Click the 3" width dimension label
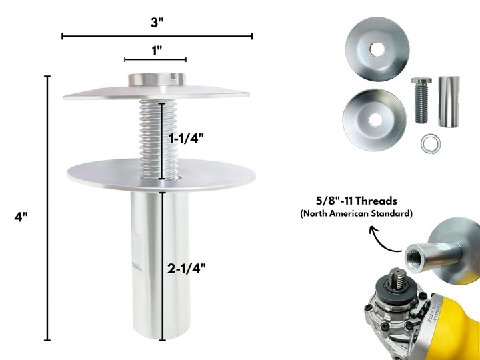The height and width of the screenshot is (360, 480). (157, 21)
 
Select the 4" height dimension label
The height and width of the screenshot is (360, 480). (22, 216)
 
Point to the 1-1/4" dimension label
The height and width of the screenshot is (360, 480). (186, 139)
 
